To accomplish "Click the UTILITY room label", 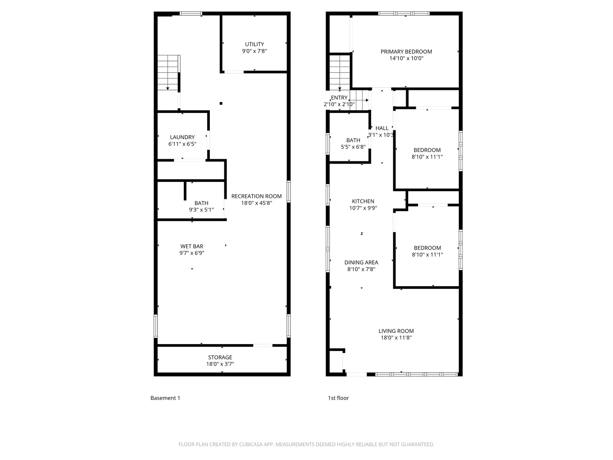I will pyautogui.click(x=254, y=44).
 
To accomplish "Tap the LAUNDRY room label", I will pyautogui.click(x=182, y=137).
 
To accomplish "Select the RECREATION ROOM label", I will pyautogui.click(x=256, y=196).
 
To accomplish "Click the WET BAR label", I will pyautogui.click(x=192, y=246).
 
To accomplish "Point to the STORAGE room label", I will pyautogui.click(x=220, y=357).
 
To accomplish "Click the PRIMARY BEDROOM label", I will pyautogui.click(x=406, y=52).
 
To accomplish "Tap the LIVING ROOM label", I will pyautogui.click(x=396, y=331).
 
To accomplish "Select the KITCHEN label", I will pyautogui.click(x=363, y=201).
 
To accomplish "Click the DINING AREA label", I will pyautogui.click(x=361, y=262).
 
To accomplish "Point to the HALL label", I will pyautogui.click(x=382, y=128).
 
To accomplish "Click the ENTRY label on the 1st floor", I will pyautogui.click(x=339, y=98).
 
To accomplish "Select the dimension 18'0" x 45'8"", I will pyautogui.click(x=256, y=203).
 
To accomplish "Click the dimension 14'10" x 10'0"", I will pyautogui.click(x=406, y=58).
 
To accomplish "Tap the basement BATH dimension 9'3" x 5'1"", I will pyautogui.click(x=201, y=210).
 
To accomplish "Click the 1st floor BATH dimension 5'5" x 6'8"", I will pyautogui.click(x=353, y=147).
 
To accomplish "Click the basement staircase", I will pyautogui.click(x=169, y=72).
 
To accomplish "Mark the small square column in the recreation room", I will pyautogui.click(x=221, y=103).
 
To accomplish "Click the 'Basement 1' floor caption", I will pyautogui.click(x=165, y=398).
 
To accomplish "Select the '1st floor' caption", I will pyautogui.click(x=338, y=398).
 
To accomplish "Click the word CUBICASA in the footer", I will pyautogui.click(x=251, y=445).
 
